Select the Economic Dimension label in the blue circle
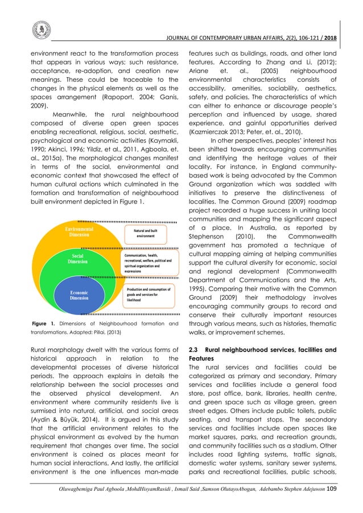tap(79, 294)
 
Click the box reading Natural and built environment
tap(146, 232)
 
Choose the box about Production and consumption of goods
tap(146, 294)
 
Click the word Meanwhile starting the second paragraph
tap(71, 112)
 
